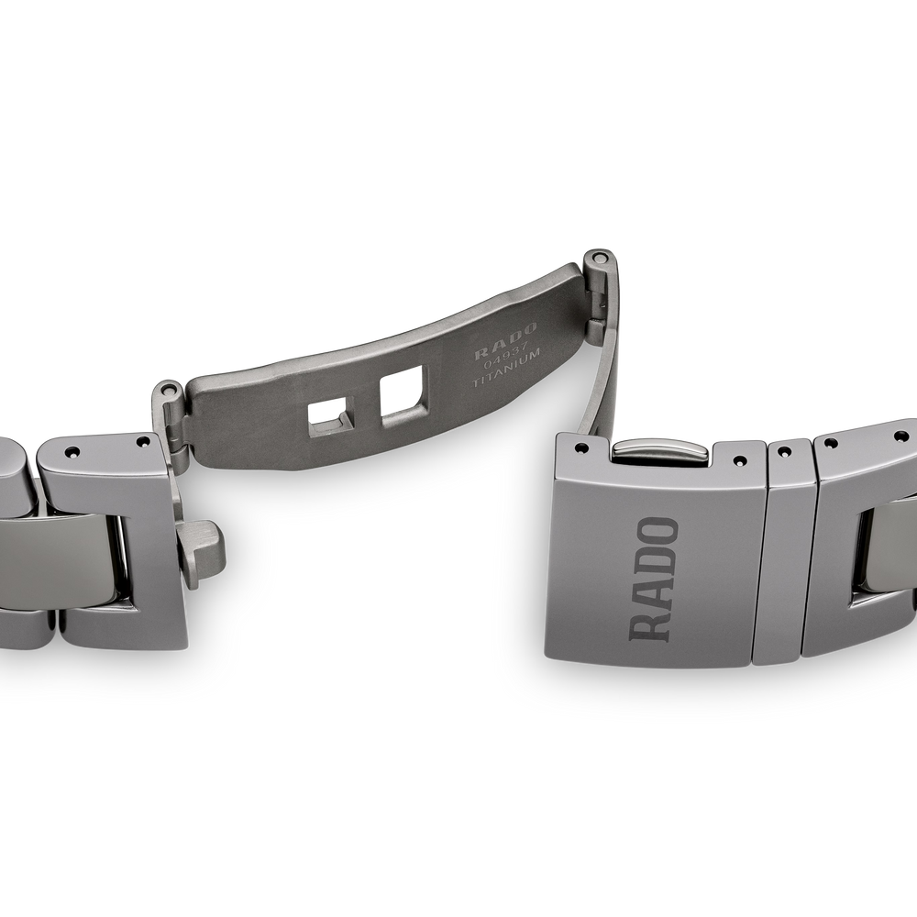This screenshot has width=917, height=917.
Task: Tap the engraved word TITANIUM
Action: point(508,366)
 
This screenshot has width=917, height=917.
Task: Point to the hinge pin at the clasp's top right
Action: point(598,257)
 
